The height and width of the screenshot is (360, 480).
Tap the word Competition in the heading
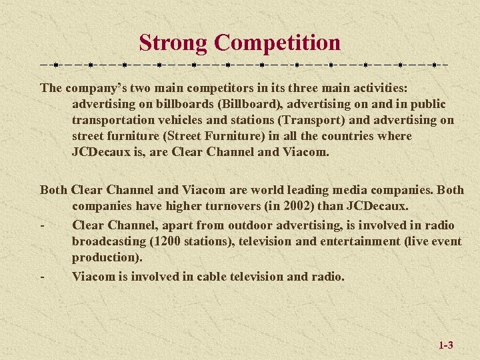[277, 43]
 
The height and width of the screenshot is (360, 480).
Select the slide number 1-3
[446, 345]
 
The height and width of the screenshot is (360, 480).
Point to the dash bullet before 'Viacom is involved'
[42, 275]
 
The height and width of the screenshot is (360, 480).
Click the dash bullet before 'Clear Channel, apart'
[42, 224]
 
